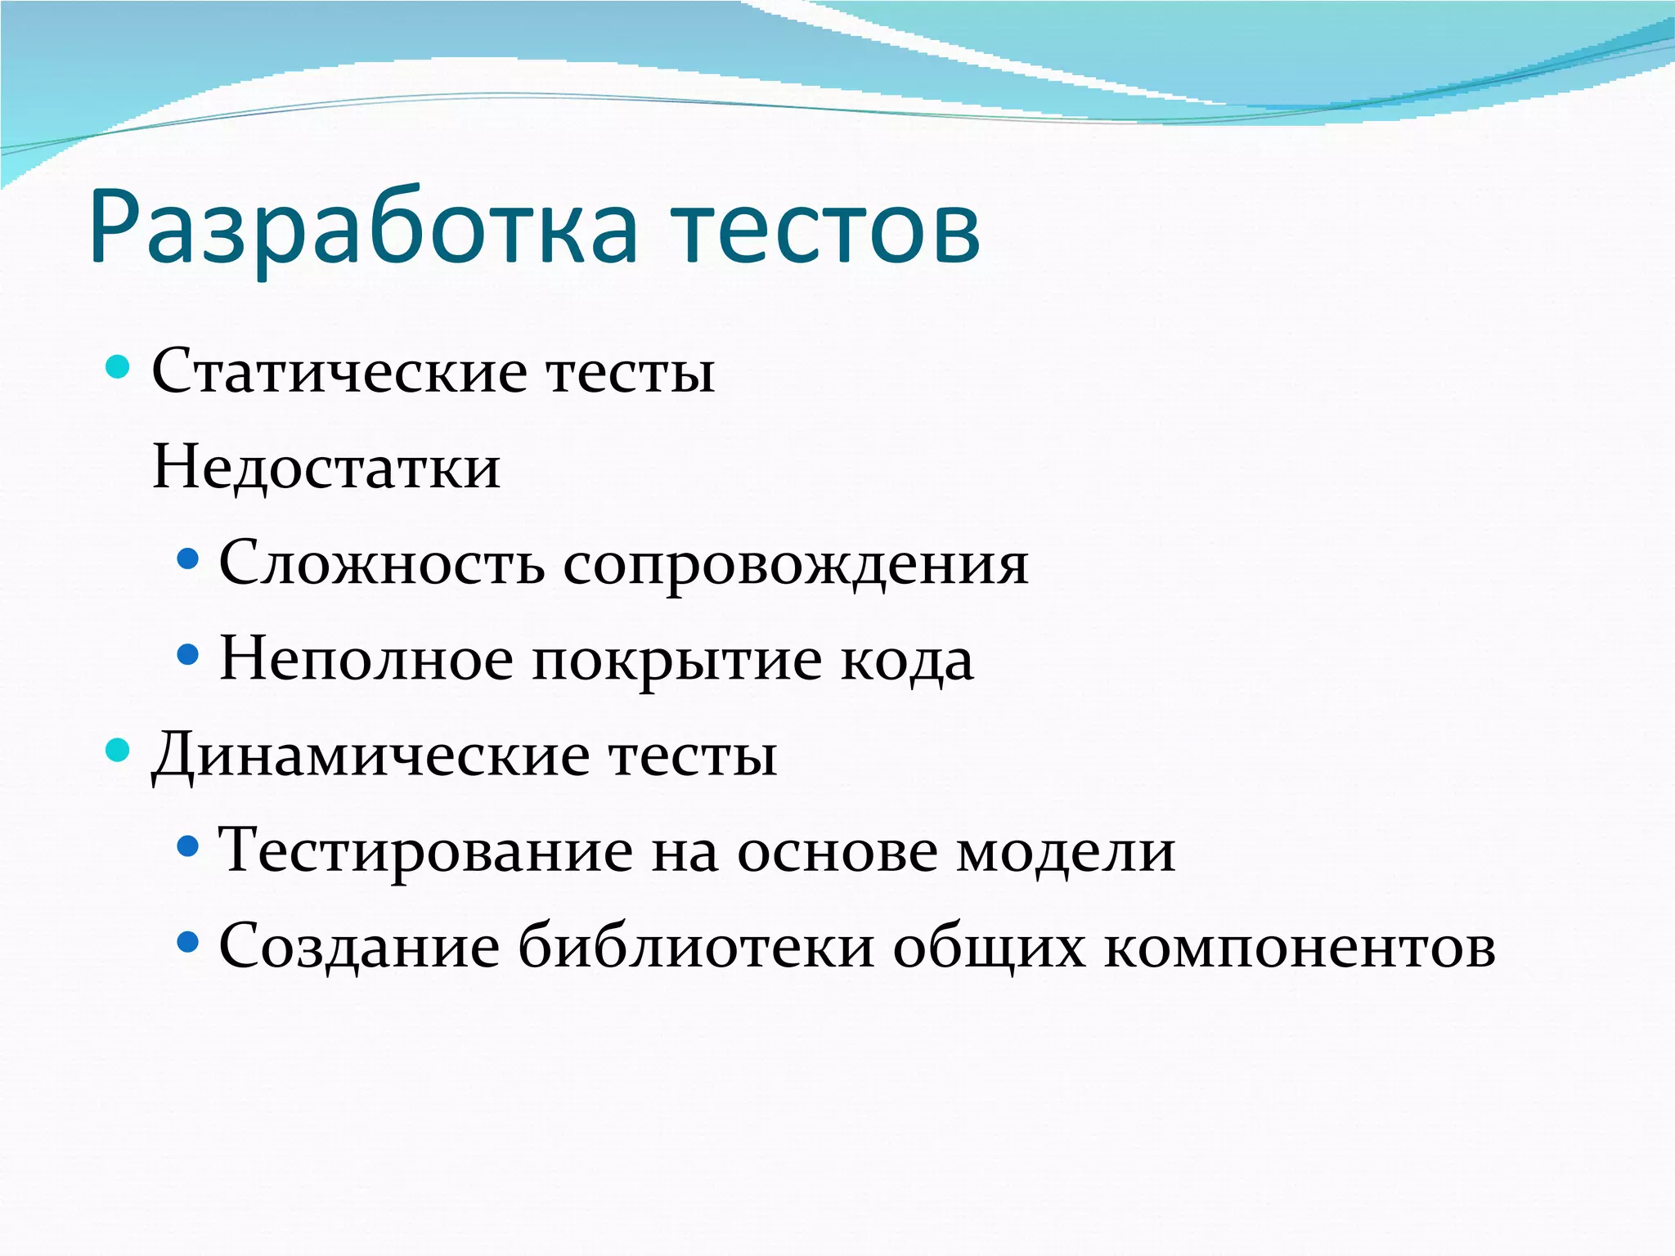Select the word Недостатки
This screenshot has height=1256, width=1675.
[x=326, y=468]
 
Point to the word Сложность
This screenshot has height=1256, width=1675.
[x=381, y=563]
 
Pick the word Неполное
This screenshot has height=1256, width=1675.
[x=366, y=659]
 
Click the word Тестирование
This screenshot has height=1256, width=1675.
[x=425, y=851]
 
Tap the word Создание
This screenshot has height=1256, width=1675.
[x=359, y=947]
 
